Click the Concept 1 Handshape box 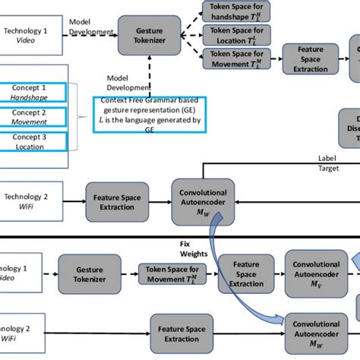(33, 93)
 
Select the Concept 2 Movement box (33, 116)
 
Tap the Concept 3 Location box (33, 141)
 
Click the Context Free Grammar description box (148, 114)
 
